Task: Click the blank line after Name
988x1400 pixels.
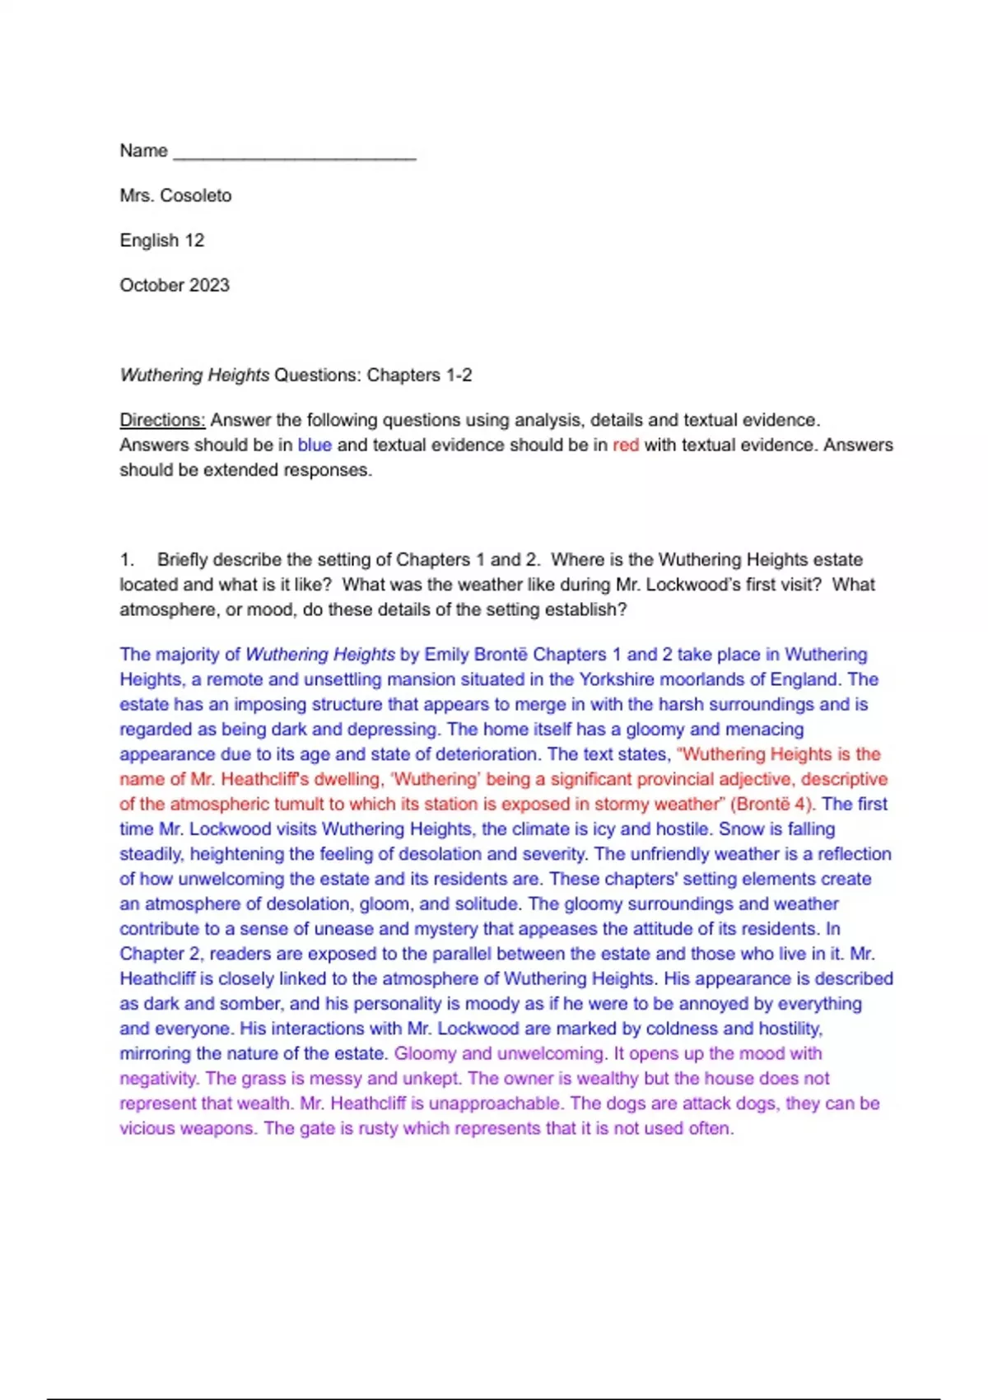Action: point(295,152)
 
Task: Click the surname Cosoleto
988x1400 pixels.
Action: point(196,196)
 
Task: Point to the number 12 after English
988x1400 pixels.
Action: point(194,240)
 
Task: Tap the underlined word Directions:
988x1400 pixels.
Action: point(162,420)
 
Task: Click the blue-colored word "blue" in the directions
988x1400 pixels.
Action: point(315,445)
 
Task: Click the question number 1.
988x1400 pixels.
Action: point(126,560)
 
